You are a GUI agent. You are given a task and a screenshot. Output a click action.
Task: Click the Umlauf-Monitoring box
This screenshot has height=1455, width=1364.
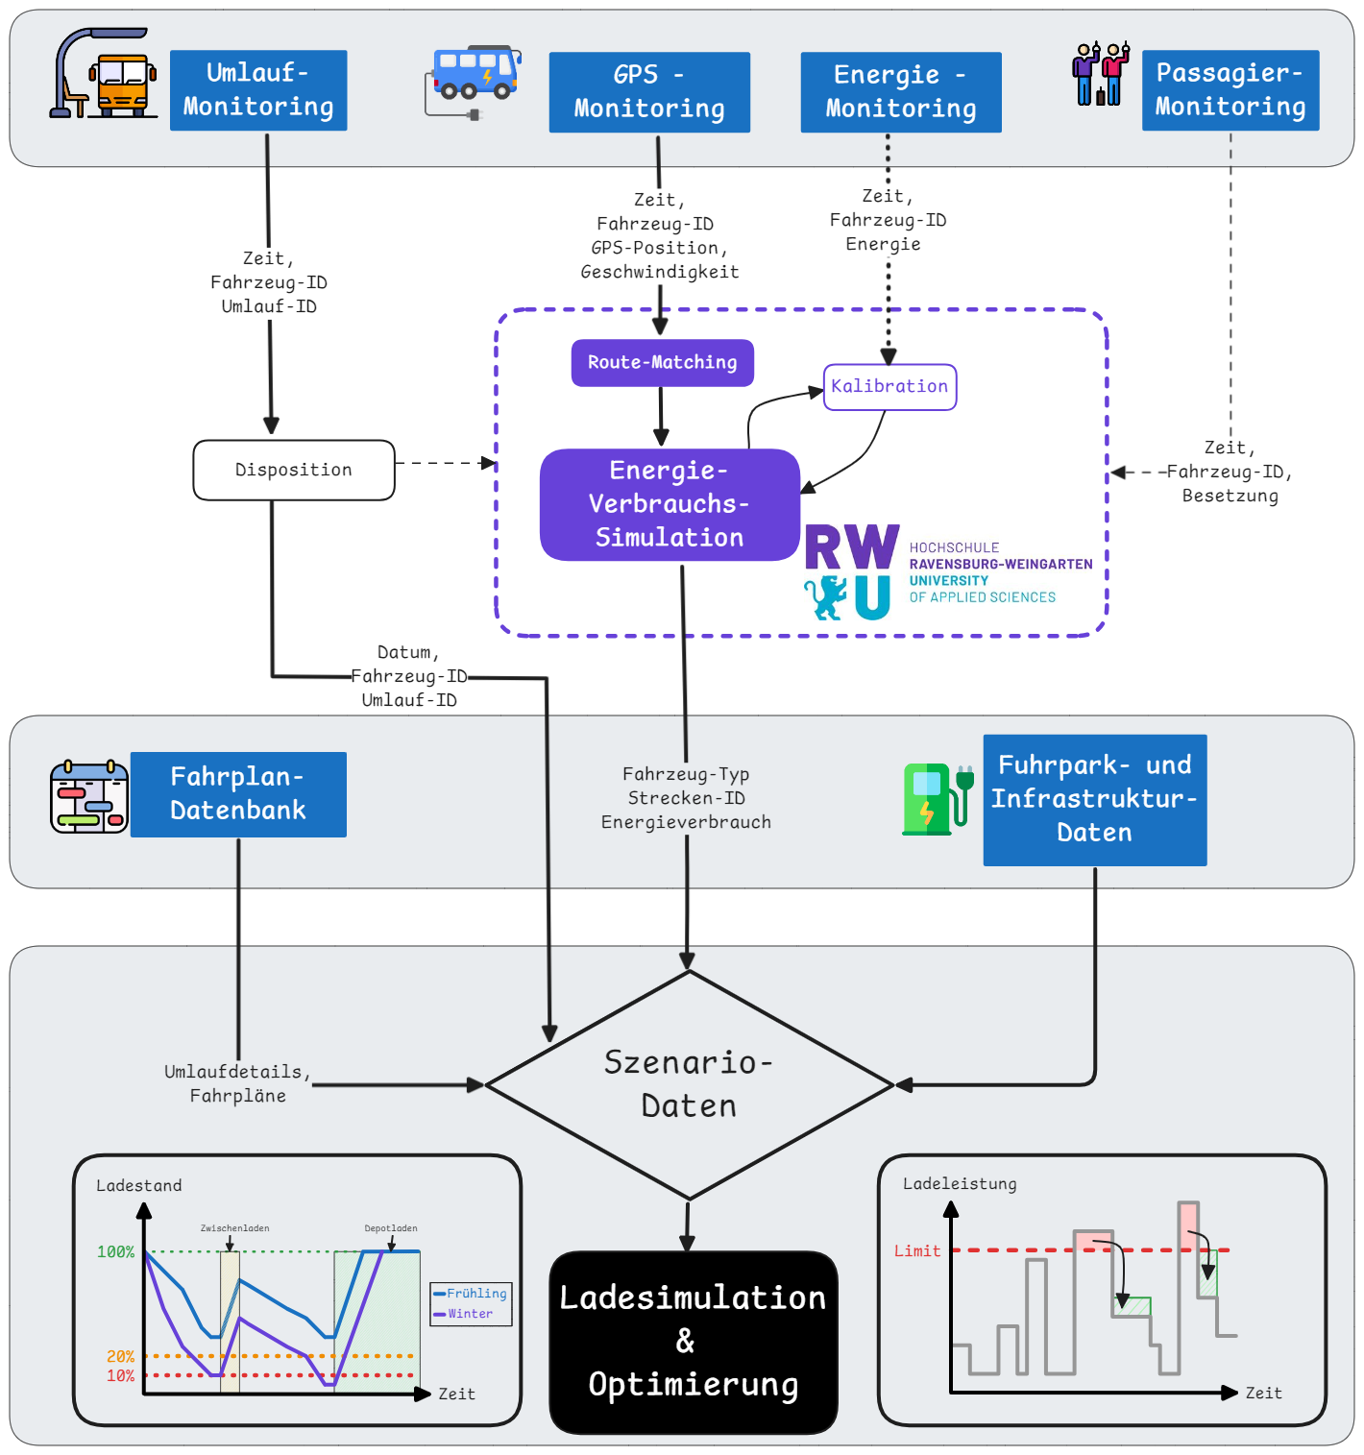(258, 90)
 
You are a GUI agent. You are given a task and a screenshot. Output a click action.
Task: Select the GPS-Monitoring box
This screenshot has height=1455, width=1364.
(649, 92)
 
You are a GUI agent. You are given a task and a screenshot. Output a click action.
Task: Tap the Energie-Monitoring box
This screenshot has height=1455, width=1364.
(901, 92)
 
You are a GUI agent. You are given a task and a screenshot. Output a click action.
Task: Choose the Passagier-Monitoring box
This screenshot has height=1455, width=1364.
(1230, 90)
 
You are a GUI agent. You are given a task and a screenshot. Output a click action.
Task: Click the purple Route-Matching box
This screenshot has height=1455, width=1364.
(663, 363)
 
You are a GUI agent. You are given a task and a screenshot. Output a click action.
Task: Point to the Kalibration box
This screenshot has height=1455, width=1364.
(889, 387)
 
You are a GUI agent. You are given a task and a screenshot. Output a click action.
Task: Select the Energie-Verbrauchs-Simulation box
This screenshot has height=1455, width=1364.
(670, 504)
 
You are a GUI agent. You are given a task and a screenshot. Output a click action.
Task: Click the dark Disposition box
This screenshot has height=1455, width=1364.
(294, 471)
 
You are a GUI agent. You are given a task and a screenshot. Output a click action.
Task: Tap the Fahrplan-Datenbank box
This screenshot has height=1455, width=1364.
(238, 794)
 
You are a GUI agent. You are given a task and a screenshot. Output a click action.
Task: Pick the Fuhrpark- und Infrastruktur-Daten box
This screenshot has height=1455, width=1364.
(1095, 800)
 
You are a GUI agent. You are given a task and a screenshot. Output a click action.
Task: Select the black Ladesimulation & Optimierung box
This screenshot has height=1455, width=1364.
(694, 1342)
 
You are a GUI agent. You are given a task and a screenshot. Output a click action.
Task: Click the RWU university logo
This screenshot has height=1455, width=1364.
(947, 572)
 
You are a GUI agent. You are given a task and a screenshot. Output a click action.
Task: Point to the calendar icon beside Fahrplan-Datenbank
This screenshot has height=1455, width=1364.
(89, 797)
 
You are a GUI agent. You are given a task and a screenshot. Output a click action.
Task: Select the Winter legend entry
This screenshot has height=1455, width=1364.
(470, 1314)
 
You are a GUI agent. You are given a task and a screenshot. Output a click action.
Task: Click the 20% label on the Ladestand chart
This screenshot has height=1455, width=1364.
(120, 1357)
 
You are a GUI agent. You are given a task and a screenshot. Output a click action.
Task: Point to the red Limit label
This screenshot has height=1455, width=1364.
(917, 1250)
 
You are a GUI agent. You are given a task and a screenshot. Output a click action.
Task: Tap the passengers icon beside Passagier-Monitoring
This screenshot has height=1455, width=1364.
(1101, 74)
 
